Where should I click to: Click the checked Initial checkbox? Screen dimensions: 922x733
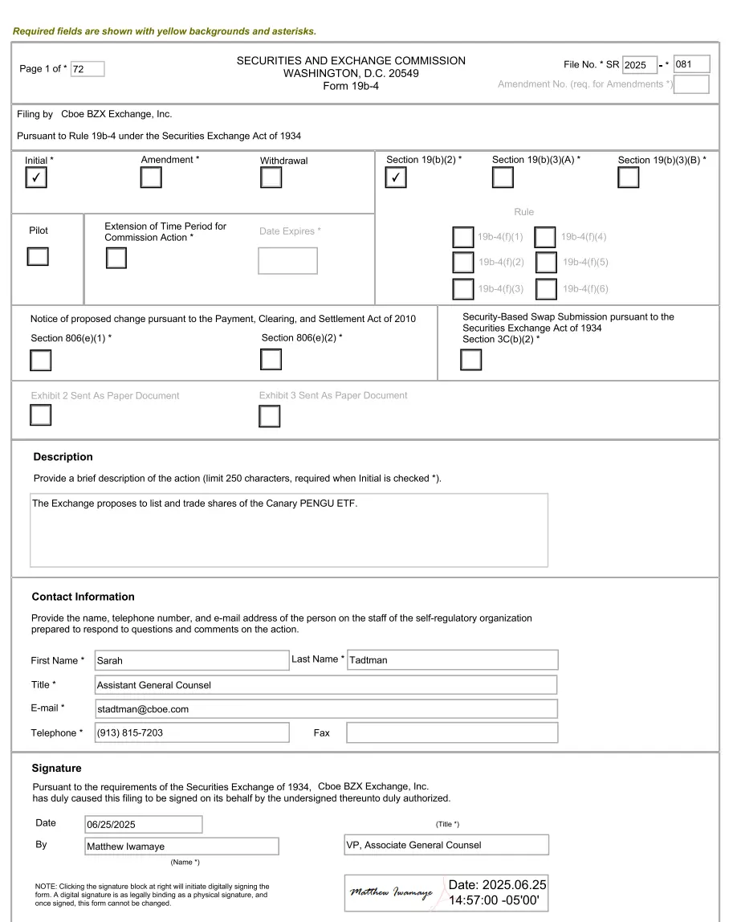(x=36, y=177)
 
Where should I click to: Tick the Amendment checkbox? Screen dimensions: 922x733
(x=151, y=177)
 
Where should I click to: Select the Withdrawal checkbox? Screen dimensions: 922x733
(x=271, y=177)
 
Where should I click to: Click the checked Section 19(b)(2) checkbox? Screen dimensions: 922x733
(x=397, y=177)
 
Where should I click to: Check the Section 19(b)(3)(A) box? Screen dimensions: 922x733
(x=503, y=177)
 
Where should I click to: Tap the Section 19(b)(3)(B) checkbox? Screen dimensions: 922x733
(x=629, y=177)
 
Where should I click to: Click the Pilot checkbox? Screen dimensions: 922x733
(x=38, y=256)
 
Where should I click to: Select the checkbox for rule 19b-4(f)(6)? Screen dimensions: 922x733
(x=546, y=288)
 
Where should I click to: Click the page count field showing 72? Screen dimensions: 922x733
(x=88, y=69)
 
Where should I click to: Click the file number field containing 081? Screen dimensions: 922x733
(x=692, y=64)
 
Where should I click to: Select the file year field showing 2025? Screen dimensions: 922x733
(x=640, y=65)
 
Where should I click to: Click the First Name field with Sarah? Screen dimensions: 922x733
(x=191, y=660)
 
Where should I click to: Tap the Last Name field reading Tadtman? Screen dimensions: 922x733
(x=452, y=660)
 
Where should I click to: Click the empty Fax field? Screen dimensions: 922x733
(x=452, y=732)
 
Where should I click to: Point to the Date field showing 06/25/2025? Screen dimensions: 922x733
(x=144, y=825)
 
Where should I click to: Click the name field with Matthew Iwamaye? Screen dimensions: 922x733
(x=182, y=847)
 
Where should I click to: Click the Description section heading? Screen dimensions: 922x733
(x=63, y=457)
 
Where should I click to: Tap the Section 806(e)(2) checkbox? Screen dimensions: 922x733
(x=271, y=361)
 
